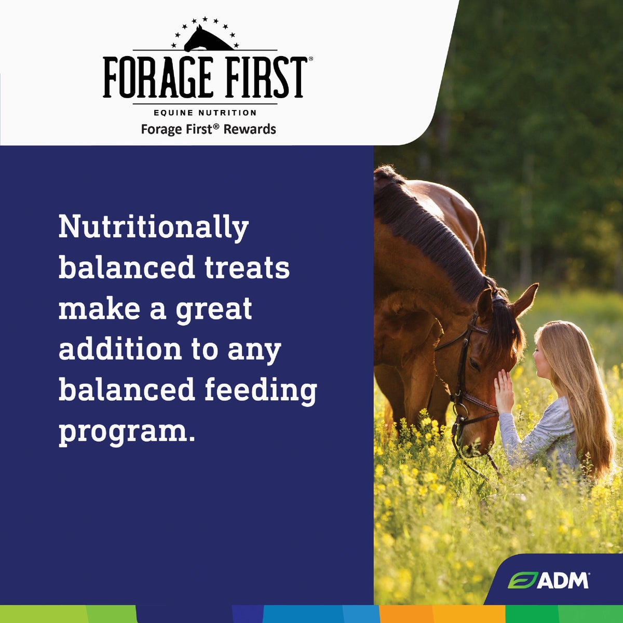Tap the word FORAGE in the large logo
[157, 77]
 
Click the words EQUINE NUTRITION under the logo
[205, 113]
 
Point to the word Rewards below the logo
[250, 129]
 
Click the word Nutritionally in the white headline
[154, 228]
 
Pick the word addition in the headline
[120, 349]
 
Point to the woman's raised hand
[504, 391]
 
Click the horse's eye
[475, 364]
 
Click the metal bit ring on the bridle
[461, 411]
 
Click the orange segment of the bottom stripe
[442, 614]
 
